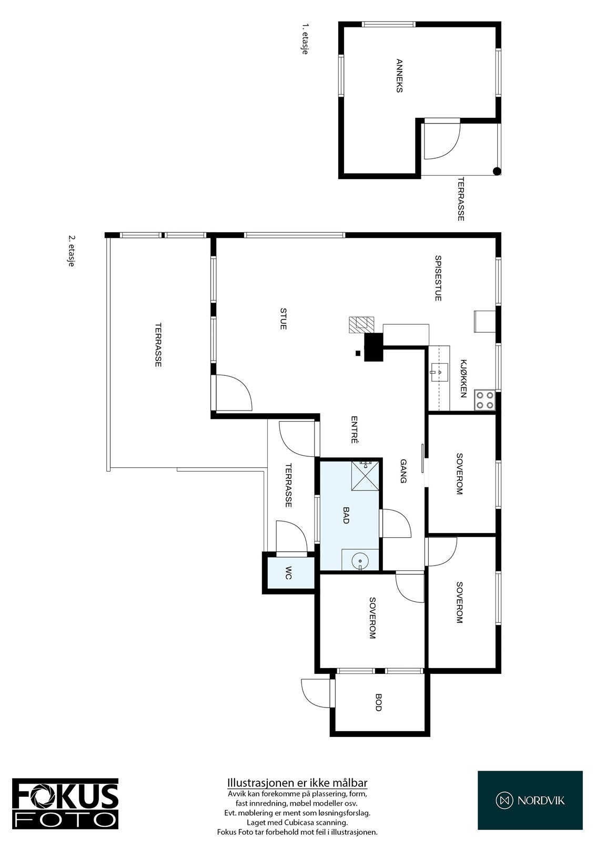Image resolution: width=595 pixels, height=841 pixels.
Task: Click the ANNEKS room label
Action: tap(399, 76)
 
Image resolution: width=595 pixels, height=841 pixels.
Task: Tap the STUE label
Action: tap(283, 319)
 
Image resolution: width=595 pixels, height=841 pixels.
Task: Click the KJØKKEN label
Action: tap(463, 378)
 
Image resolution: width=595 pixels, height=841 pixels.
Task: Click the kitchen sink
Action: tap(438, 371)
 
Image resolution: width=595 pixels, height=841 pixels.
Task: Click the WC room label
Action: tap(288, 573)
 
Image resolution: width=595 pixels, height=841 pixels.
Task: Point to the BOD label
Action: tap(378, 702)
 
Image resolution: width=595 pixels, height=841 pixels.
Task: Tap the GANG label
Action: tap(404, 471)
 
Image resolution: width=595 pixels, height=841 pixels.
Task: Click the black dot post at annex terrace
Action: tap(496, 171)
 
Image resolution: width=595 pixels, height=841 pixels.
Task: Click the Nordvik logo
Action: tap(530, 800)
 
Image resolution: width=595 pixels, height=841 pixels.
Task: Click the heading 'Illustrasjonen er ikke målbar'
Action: tap(297, 783)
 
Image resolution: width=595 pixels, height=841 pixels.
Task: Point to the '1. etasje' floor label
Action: tap(304, 38)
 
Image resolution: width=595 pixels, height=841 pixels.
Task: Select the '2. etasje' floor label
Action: tap(70, 251)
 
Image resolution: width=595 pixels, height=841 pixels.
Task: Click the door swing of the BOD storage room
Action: tap(313, 693)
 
